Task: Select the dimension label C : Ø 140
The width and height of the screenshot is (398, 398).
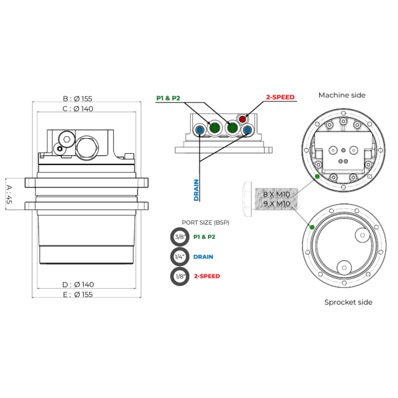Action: coord(78,108)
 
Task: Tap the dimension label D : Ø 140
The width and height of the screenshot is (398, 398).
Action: coord(78,284)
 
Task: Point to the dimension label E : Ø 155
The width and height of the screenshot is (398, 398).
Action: coord(78,295)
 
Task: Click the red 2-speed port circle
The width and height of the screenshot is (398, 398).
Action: coord(242,119)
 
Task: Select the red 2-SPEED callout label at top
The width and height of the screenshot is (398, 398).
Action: coord(280,98)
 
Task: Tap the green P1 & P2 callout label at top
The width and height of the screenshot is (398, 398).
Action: coord(168,98)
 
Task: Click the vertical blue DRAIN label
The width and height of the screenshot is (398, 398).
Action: coord(196,190)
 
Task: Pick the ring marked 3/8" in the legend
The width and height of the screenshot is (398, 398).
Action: coord(180,237)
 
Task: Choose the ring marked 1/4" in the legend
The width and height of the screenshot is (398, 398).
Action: coord(180,257)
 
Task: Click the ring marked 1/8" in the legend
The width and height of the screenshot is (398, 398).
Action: coord(180,276)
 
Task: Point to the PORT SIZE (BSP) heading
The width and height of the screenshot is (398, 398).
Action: coord(205,222)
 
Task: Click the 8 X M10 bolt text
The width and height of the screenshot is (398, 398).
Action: coord(277,195)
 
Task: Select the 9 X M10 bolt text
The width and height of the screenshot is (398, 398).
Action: coord(277,203)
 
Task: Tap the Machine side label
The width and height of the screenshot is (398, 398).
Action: coord(342,95)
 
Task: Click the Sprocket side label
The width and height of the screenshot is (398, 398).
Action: coord(348,302)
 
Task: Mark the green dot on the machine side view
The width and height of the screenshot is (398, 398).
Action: coord(317,176)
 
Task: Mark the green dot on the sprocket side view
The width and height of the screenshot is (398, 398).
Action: coord(312,227)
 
